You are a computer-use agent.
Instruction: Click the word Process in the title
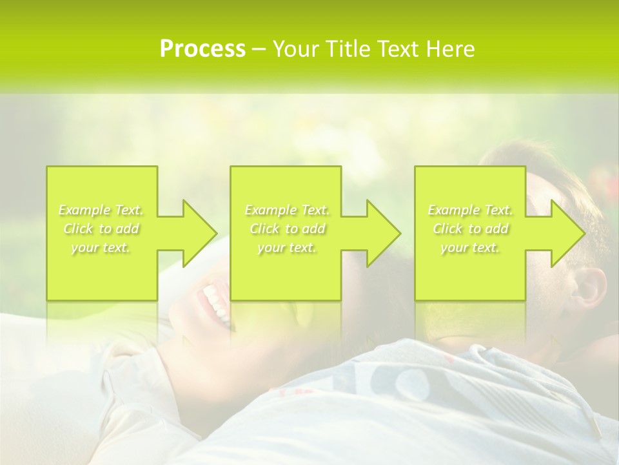click(x=202, y=49)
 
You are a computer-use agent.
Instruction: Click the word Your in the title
click(x=295, y=49)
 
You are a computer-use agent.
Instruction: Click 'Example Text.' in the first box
click(x=101, y=210)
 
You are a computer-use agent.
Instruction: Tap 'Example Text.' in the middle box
click(x=287, y=210)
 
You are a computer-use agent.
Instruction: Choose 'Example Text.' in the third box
click(x=470, y=210)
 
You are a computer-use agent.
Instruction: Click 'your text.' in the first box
click(x=101, y=247)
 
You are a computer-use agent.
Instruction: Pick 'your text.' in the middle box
click(x=287, y=247)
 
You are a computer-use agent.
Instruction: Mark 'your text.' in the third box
click(x=470, y=247)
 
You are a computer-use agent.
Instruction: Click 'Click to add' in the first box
click(x=101, y=229)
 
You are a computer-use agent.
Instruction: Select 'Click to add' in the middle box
click(x=287, y=229)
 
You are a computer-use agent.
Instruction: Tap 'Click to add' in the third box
click(x=470, y=229)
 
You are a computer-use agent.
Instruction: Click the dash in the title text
click(x=259, y=50)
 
